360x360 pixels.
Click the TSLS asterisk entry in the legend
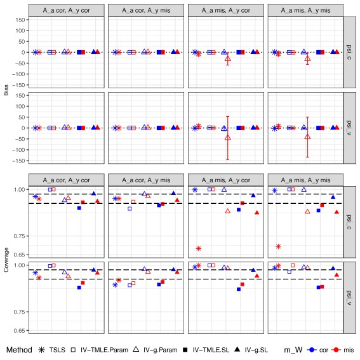point(41,350)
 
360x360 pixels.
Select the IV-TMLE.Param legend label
point(104,350)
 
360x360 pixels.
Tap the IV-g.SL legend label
point(257,350)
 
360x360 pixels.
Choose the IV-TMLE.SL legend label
point(211,350)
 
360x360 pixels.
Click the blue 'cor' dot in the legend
point(312,350)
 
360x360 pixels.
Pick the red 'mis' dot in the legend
point(336,350)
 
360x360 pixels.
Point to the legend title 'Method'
point(19,350)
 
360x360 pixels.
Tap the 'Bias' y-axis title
point(6,90)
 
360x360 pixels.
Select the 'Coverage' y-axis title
point(6,260)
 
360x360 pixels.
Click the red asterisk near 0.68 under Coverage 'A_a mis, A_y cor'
point(198,248)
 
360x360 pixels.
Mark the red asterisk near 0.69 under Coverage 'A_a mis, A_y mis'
point(278,246)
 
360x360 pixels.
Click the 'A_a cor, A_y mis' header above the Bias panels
point(146,10)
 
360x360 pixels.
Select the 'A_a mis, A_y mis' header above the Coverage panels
point(305,180)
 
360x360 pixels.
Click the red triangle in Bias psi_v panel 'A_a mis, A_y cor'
point(228,138)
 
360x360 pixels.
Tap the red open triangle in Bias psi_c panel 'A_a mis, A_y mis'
point(308,58)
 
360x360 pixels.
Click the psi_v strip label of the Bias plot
point(349,128)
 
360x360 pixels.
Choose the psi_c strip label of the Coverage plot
point(349,222)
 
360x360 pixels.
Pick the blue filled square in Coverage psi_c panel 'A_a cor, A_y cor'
point(79,208)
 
